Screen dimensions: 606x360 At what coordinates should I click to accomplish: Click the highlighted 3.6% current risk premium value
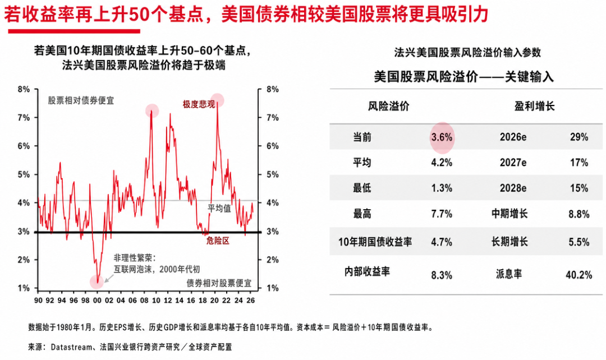click(442, 137)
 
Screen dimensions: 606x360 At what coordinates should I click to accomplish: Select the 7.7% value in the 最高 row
click(442, 214)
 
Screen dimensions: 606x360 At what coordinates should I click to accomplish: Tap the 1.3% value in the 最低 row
click(442, 188)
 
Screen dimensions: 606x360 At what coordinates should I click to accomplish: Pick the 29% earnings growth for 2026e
click(579, 137)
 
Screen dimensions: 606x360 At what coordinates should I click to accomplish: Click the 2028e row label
click(513, 188)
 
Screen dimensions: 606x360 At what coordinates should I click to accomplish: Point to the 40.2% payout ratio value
click(579, 275)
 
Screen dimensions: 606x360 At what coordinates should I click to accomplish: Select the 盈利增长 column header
click(535, 106)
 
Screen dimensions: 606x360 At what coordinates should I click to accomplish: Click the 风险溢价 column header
click(388, 106)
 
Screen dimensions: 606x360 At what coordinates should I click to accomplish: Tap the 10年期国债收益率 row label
click(375, 242)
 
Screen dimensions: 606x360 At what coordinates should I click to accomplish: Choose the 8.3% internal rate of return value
click(442, 275)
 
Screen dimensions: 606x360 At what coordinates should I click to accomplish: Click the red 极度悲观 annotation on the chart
click(199, 104)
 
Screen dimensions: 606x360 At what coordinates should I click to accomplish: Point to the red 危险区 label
click(218, 241)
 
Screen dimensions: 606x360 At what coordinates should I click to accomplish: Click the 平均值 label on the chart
click(219, 209)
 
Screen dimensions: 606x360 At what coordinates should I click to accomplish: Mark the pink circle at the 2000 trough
click(97, 282)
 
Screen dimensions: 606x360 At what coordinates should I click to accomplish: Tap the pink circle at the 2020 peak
click(218, 100)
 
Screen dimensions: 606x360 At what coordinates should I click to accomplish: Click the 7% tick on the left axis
click(24, 118)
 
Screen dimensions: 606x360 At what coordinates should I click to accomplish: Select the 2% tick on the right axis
click(273, 260)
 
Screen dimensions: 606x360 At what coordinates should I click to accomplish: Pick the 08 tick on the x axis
click(144, 301)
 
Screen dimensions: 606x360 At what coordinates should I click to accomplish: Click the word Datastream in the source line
click(71, 347)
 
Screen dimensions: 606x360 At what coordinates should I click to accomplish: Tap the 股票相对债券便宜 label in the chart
click(81, 101)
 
